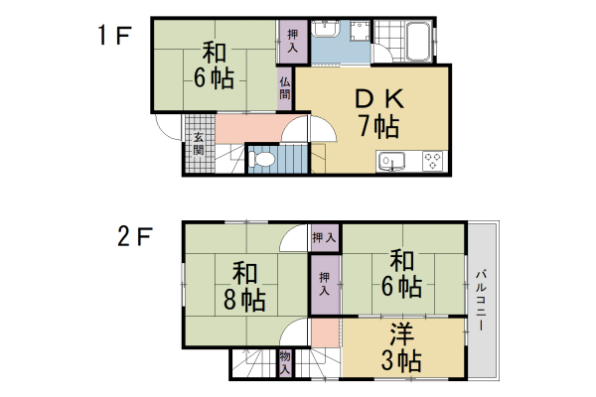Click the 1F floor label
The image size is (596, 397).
point(113,37)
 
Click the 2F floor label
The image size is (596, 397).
point(135,237)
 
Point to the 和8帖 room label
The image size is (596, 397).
point(244,285)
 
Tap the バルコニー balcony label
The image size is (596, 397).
point(480,299)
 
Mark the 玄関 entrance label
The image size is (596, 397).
point(199,143)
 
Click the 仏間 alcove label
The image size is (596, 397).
point(285,88)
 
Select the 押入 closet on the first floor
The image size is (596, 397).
point(292,41)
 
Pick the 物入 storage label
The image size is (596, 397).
point(285,362)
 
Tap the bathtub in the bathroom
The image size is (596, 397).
point(418,43)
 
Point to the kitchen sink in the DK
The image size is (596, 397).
point(388,160)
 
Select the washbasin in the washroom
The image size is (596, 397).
point(325,39)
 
